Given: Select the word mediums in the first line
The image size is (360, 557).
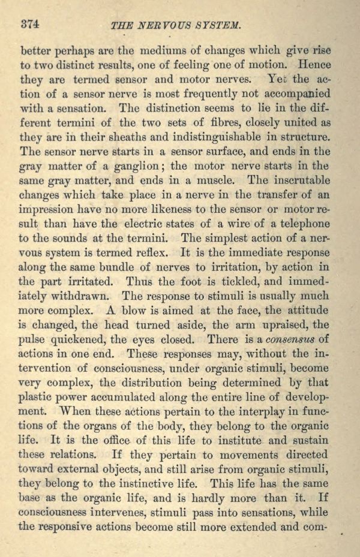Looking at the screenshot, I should [140, 50].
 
